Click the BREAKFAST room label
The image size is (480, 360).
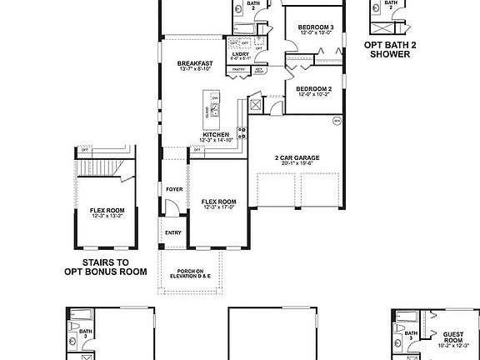tap(195, 63)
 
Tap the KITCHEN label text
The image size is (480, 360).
tap(216, 135)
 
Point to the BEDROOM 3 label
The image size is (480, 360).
tap(315, 27)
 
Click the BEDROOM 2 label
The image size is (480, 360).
tap(314, 88)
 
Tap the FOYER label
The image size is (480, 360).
tap(174, 189)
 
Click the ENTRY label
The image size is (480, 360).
tap(173, 232)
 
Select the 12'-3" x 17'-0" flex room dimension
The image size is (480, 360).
tap(218, 207)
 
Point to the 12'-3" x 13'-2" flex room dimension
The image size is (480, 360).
tap(107, 216)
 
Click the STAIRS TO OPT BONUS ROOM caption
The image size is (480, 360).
tap(98, 267)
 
